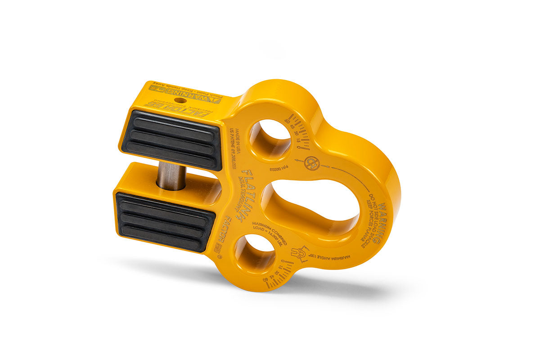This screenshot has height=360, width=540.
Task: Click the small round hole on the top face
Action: coord(179,100)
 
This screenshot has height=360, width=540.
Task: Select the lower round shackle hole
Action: coord(255,255)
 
